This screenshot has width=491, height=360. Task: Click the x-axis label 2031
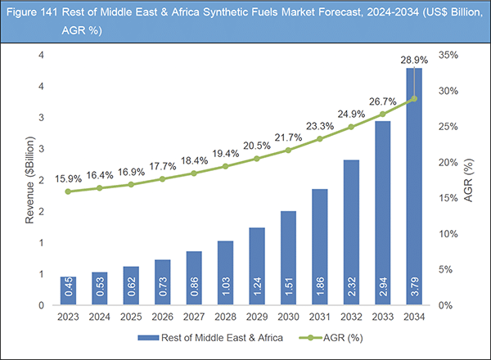321,316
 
